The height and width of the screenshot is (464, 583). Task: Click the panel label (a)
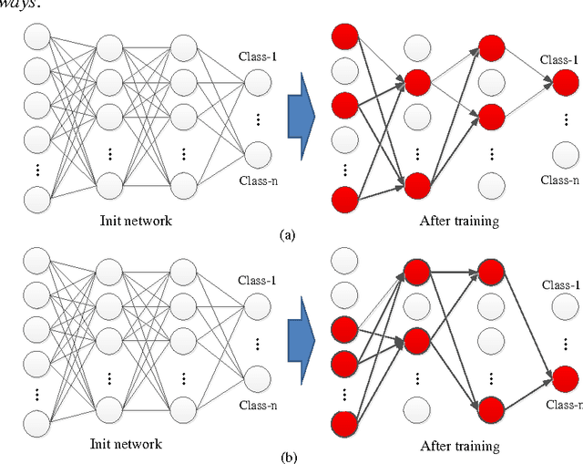point(289,234)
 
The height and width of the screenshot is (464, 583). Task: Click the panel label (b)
point(289,457)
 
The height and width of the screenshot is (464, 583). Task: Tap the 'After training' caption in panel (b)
point(460,447)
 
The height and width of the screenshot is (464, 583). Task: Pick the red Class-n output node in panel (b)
point(565,376)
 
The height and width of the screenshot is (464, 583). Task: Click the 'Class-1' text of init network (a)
point(259,57)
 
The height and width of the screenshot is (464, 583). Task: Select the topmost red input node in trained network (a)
point(345,37)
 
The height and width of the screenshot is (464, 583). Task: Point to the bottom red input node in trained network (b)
point(345,424)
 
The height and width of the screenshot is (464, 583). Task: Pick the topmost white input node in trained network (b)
point(345,263)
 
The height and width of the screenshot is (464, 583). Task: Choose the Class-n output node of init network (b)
point(259,375)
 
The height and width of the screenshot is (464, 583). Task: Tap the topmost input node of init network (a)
point(39,37)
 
